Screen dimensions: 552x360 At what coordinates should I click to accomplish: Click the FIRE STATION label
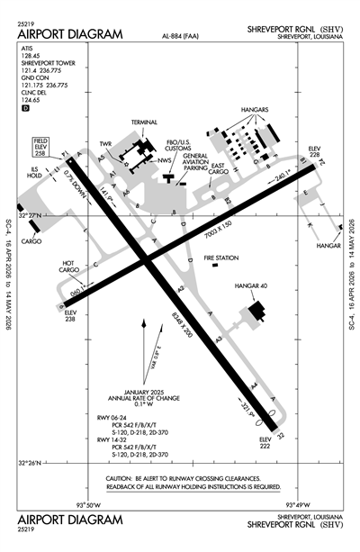221,258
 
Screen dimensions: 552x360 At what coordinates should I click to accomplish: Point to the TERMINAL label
144,122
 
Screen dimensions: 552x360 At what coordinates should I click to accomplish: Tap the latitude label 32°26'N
31,464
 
